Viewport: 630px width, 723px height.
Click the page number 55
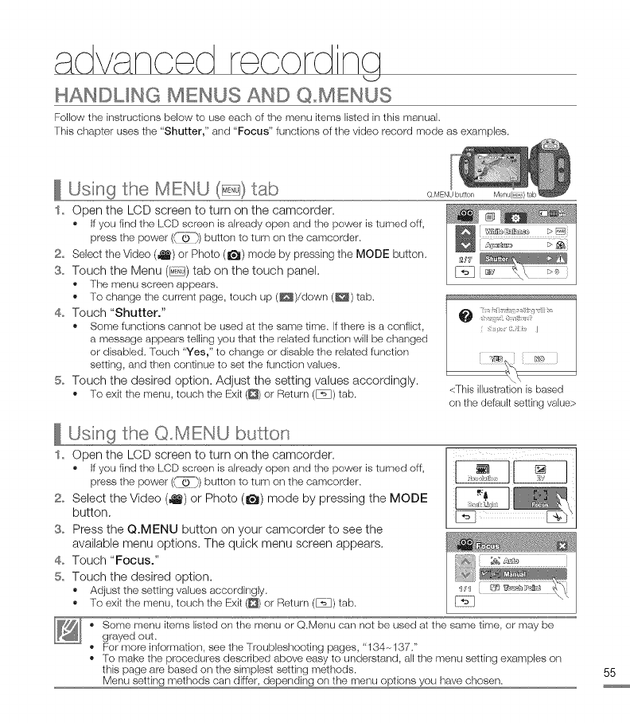tap(609, 673)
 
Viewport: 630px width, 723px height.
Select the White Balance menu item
tap(518, 233)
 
